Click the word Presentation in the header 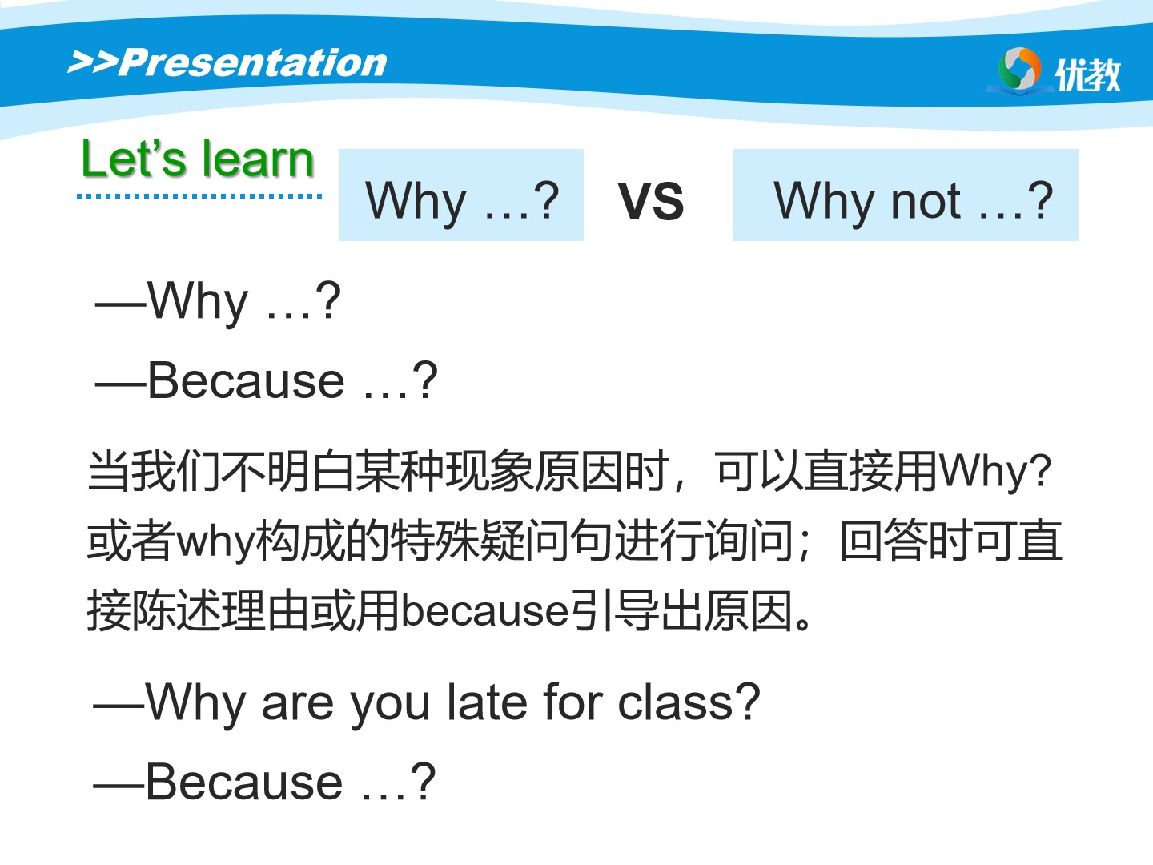tap(253, 62)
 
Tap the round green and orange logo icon tap(1019, 69)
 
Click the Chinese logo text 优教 tap(1087, 74)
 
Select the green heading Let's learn tap(198, 158)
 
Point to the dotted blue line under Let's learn tap(199, 196)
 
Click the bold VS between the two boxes tap(650, 201)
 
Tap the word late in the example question tap(486, 702)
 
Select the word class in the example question tap(675, 702)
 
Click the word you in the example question tap(390, 707)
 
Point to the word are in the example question tap(297, 706)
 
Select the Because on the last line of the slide tap(244, 782)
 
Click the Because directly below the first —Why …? tap(247, 380)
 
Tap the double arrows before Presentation tap(93, 62)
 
